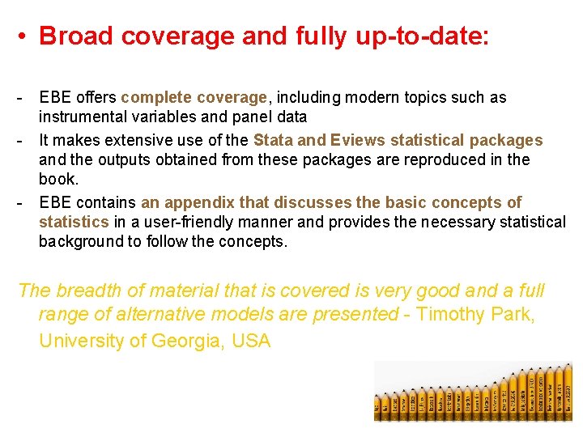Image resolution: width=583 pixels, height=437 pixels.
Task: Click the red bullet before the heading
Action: point(26,37)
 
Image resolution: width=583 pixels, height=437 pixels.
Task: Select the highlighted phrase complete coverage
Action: point(194,98)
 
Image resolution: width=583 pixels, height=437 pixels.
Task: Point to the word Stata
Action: point(272,140)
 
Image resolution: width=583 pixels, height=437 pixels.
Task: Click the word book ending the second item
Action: point(58,179)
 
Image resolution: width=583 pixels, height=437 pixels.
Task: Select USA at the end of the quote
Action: point(250,341)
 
